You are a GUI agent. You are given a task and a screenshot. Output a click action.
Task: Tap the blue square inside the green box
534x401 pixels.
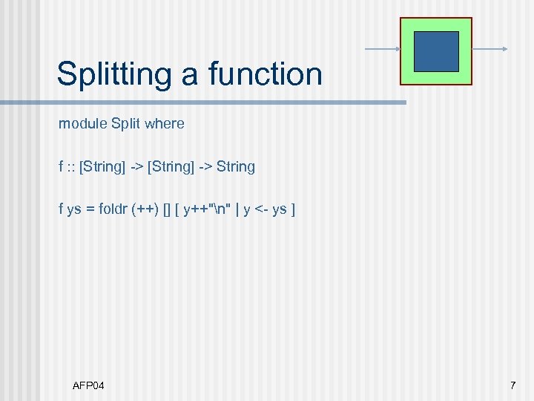click(436, 51)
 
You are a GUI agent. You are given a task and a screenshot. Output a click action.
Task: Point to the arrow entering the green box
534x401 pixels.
click(383, 50)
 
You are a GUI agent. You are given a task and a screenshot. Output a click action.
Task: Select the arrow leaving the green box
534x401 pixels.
click(489, 50)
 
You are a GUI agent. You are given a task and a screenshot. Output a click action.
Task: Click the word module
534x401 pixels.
click(82, 124)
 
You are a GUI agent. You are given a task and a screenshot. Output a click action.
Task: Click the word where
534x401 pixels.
click(165, 124)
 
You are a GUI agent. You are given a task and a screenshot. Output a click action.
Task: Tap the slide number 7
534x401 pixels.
click(512, 385)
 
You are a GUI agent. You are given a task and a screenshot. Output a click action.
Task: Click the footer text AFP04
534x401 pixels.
click(89, 385)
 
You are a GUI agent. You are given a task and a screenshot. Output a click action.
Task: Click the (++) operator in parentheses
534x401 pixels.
click(144, 209)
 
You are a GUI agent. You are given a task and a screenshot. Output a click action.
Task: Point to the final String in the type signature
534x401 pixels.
click(236, 167)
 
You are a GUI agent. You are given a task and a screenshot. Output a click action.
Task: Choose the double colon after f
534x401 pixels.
click(71, 167)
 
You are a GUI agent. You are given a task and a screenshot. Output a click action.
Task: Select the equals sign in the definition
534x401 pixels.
click(90, 209)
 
